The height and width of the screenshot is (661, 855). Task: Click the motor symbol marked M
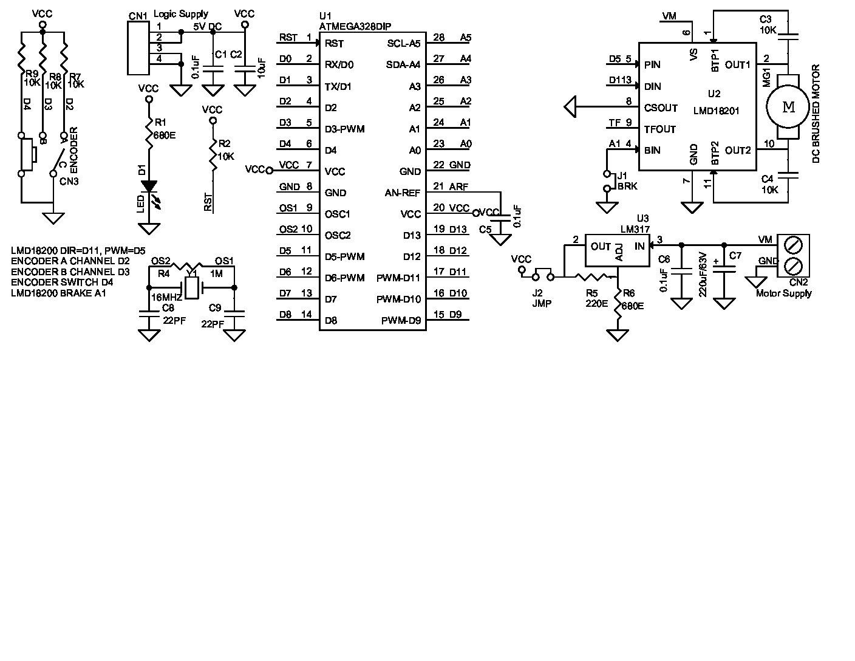(788, 108)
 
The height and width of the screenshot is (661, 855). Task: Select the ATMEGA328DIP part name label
(355, 26)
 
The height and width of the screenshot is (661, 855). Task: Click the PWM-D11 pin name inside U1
(398, 278)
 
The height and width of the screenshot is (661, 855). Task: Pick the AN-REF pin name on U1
(402, 193)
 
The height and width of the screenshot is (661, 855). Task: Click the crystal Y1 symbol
(192, 287)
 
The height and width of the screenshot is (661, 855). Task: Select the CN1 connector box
(138, 48)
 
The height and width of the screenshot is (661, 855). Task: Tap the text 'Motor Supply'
(783, 293)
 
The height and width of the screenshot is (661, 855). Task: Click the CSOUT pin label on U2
(661, 108)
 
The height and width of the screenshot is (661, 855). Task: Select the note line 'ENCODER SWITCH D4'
(62, 282)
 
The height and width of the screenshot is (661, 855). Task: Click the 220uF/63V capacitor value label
(703, 274)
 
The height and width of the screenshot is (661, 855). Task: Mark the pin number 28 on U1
(438, 38)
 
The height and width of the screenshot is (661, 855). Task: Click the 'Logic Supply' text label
(181, 13)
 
